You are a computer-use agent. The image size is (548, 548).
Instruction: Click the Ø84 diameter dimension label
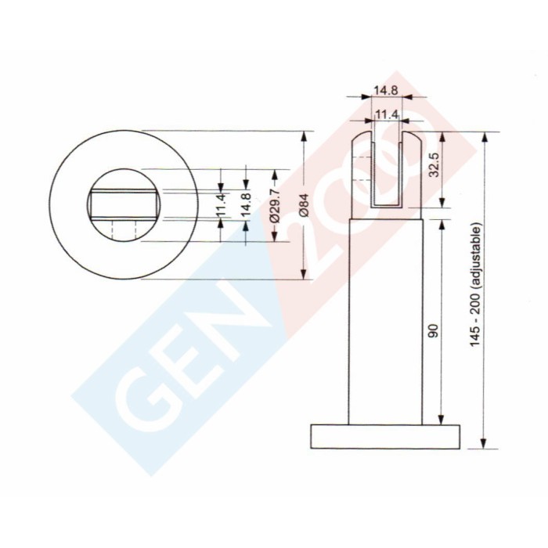point(305,206)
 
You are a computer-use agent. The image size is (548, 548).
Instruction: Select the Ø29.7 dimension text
point(274,205)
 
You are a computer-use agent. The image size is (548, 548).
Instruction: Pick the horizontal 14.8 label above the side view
point(385,90)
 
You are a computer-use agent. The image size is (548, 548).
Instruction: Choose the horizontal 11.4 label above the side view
point(388,115)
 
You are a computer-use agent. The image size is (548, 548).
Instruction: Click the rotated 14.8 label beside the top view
point(246,205)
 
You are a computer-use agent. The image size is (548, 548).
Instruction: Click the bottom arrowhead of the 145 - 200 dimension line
point(485,444)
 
